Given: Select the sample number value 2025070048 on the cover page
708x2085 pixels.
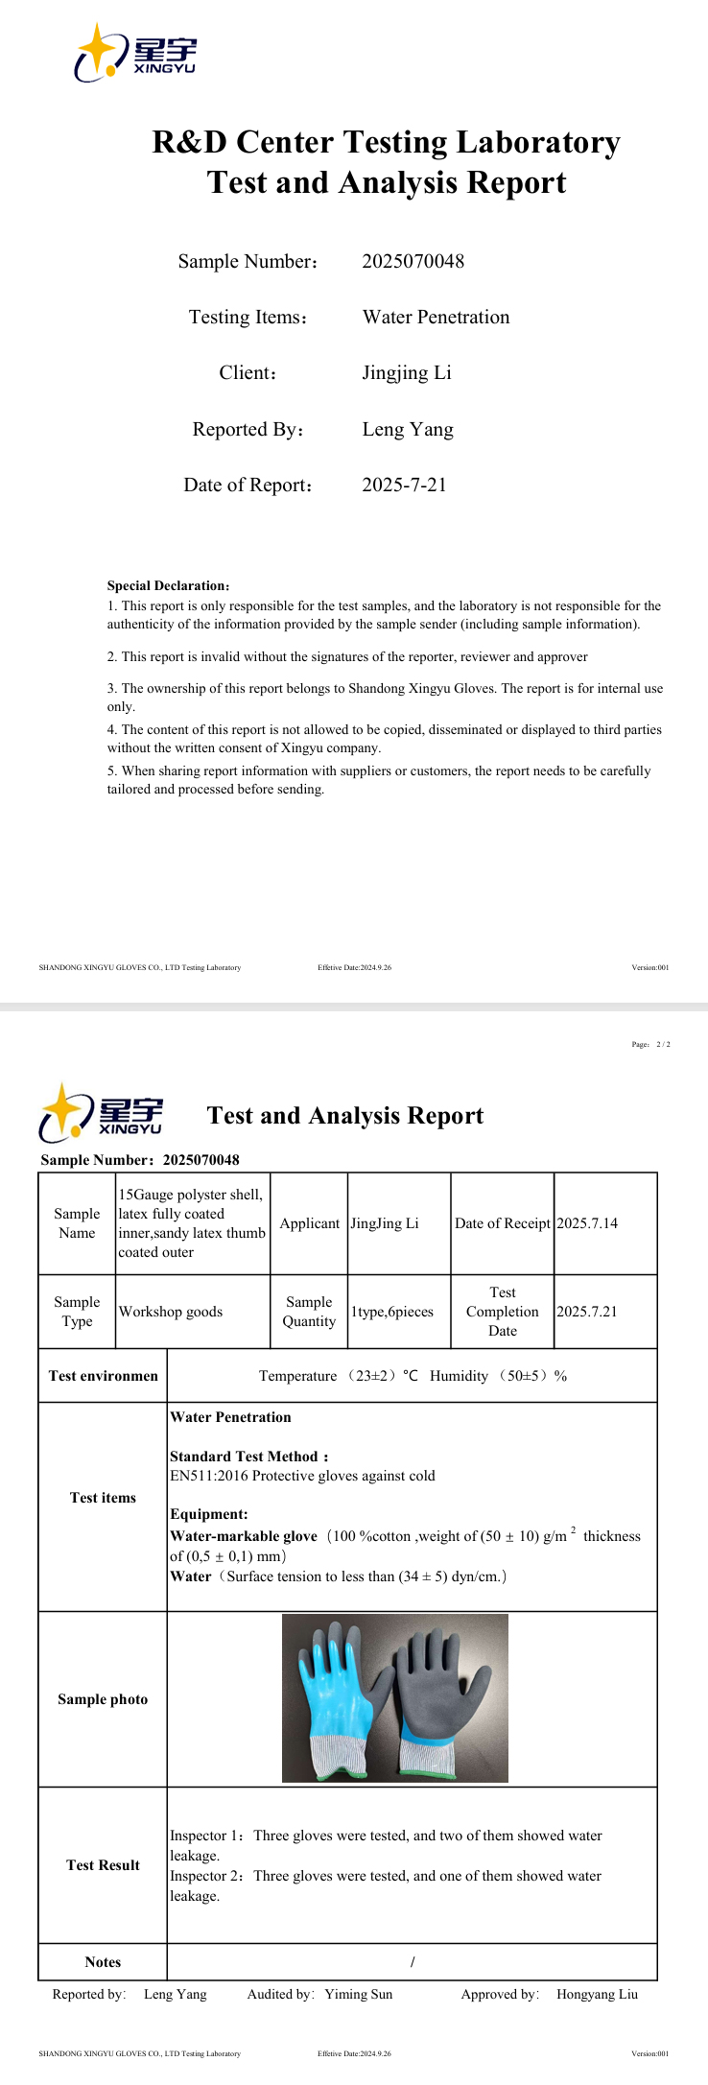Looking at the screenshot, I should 413,261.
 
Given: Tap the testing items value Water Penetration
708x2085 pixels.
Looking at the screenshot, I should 436,317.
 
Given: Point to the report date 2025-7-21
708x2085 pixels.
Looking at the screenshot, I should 404,485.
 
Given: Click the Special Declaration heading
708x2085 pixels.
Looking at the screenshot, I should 168,585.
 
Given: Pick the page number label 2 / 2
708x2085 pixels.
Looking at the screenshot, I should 663,1044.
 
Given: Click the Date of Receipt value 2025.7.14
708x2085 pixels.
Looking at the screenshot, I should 587,1223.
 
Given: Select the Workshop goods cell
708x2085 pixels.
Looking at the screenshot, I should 171,1312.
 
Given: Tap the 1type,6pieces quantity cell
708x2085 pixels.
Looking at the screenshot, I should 392,1312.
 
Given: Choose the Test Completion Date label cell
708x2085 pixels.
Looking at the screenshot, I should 503,1312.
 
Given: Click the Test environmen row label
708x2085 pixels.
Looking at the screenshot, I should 103,1376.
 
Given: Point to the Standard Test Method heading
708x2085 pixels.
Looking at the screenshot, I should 248,1457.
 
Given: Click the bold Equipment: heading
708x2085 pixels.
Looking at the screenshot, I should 209,1514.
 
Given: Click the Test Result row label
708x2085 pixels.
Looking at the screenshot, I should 103,1865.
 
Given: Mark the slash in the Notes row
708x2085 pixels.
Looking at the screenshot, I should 413,1962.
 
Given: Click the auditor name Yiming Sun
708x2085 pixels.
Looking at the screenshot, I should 358,1994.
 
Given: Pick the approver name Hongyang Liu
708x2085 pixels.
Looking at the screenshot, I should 597,1994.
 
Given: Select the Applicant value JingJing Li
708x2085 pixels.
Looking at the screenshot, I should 385,1223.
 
